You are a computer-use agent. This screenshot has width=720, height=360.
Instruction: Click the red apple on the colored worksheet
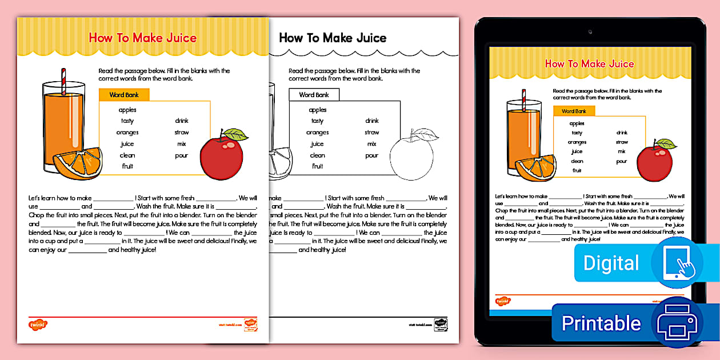click(x=221, y=155)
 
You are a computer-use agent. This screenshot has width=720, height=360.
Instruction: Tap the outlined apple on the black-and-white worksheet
click(x=411, y=155)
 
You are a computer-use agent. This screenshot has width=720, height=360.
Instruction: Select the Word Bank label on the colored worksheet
click(x=124, y=95)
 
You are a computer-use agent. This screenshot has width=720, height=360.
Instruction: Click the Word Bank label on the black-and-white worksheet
click(x=314, y=95)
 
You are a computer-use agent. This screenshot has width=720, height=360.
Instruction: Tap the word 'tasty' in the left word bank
click(x=127, y=121)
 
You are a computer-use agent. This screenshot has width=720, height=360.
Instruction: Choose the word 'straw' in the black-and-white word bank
click(x=372, y=133)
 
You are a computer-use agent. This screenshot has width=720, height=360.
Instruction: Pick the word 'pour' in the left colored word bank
click(x=182, y=155)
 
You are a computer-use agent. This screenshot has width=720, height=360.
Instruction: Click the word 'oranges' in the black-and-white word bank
click(x=317, y=133)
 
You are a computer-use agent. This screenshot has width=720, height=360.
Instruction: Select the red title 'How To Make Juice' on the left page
click(x=142, y=38)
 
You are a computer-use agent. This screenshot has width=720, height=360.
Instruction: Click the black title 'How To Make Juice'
click(x=333, y=38)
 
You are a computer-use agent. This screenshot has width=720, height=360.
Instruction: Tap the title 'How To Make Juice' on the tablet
click(x=589, y=64)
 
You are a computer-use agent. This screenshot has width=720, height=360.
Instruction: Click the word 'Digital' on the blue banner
click(x=611, y=263)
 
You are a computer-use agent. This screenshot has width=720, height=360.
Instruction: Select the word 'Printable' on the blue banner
click(x=601, y=323)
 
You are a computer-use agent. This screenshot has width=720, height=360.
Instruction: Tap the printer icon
click(x=677, y=323)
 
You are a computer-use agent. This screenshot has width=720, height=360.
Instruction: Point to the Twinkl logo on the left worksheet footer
click(x=38, y=325)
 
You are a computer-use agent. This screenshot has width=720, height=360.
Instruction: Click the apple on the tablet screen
click(x=654, y=163)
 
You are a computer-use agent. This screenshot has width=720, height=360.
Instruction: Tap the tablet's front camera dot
click(x=590, y=32)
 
